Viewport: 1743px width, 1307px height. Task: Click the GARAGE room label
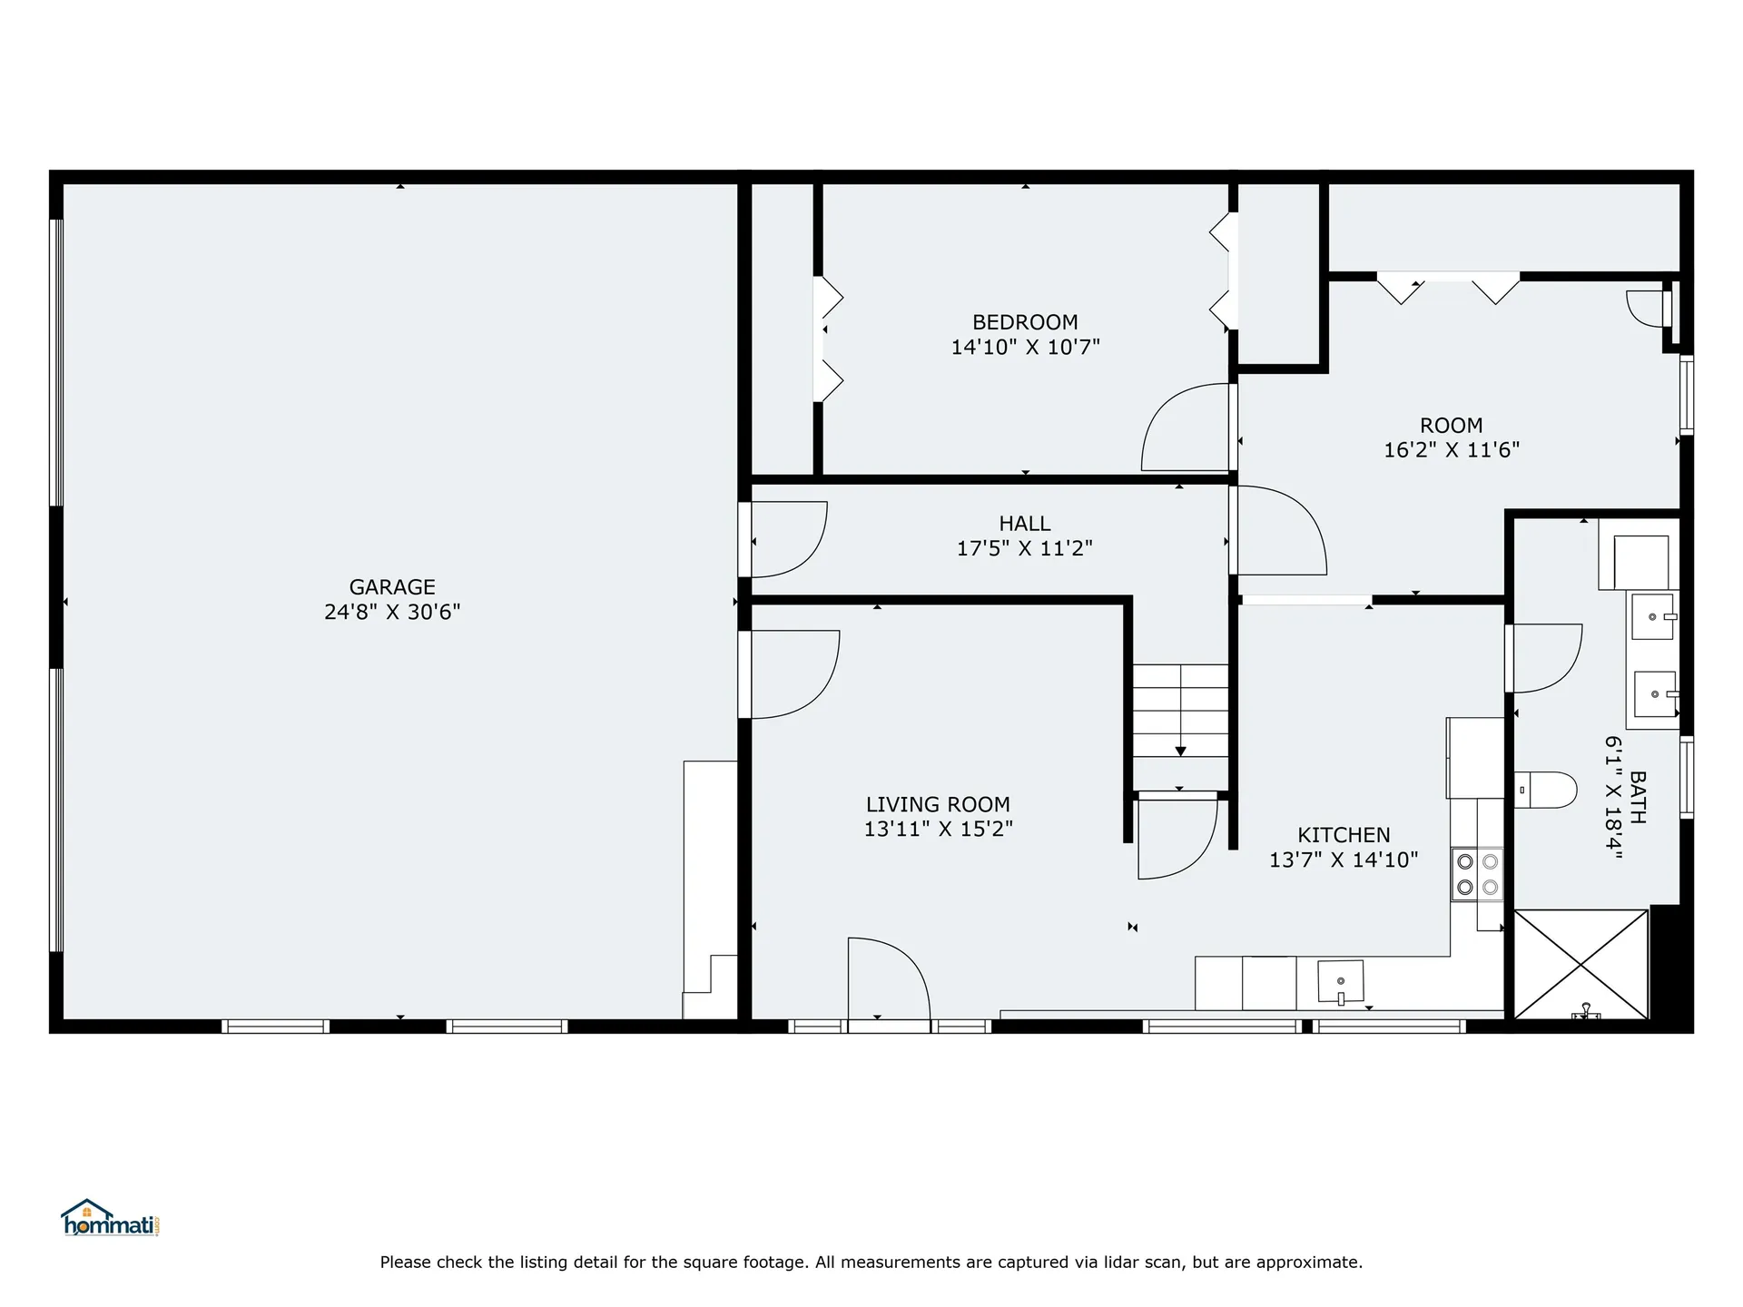pos(392,587)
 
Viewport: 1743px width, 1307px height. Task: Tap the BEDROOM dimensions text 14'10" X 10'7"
pos(1025,347)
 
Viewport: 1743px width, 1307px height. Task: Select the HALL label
pos(1025,524)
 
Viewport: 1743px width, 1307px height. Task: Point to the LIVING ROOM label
pos(938,805)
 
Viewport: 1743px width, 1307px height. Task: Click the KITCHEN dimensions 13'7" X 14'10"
pos(1344,860)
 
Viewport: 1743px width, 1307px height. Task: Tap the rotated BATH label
pos(1638,797)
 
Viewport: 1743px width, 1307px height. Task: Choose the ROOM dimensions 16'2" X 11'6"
pos(1452,450)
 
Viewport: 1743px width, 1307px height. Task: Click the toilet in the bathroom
pos(1545,790)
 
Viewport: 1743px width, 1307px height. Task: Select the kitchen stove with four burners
pos(1477,874)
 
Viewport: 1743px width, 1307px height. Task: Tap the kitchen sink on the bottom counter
pos(1340,982)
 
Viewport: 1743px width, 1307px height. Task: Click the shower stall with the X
pos(1581,964)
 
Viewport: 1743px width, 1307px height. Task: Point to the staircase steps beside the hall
pos(1180,711)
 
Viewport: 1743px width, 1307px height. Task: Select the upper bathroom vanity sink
pos(1654,616)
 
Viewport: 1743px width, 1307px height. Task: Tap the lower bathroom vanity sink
pos(1656,694)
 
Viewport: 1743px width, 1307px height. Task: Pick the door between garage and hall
pos(788,539)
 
